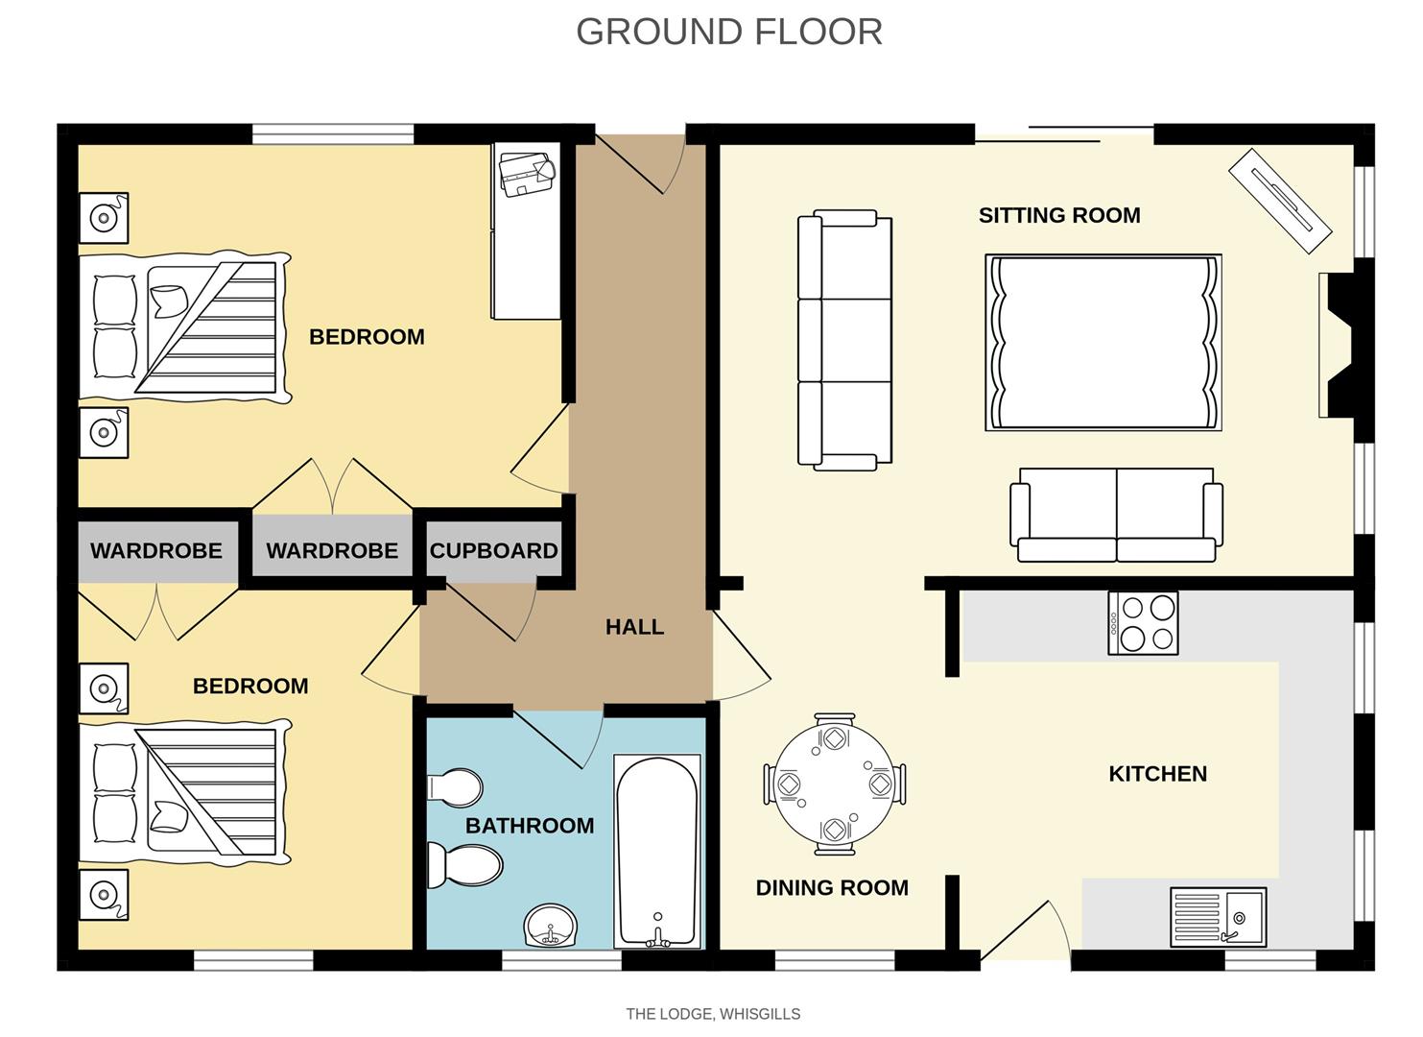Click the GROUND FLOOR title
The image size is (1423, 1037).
(728, 32)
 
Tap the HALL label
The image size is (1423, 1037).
(634, 627)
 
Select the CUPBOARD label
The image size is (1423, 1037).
(493, 551)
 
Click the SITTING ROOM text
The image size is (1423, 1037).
(1059, 215)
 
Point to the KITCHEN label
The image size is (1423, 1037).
(1157, 774)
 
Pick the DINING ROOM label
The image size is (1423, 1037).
(832, 888)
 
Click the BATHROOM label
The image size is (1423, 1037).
(530, 826)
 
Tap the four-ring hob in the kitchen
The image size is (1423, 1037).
(1143, 623)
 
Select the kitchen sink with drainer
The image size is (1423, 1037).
(1218, 916)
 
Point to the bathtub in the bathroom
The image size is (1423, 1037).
(657, 851)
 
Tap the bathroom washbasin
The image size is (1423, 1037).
(551, 927)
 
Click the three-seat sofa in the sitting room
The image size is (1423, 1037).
(845, 340)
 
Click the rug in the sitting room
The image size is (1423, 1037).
(1103, 343)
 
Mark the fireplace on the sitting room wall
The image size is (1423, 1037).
(1339, 345)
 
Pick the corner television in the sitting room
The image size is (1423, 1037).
(1280, 201)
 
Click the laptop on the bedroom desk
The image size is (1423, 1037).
(526, 173)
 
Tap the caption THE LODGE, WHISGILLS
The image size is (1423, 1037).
(713, 1014)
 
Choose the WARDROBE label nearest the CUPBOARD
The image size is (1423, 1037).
(332, 551)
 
